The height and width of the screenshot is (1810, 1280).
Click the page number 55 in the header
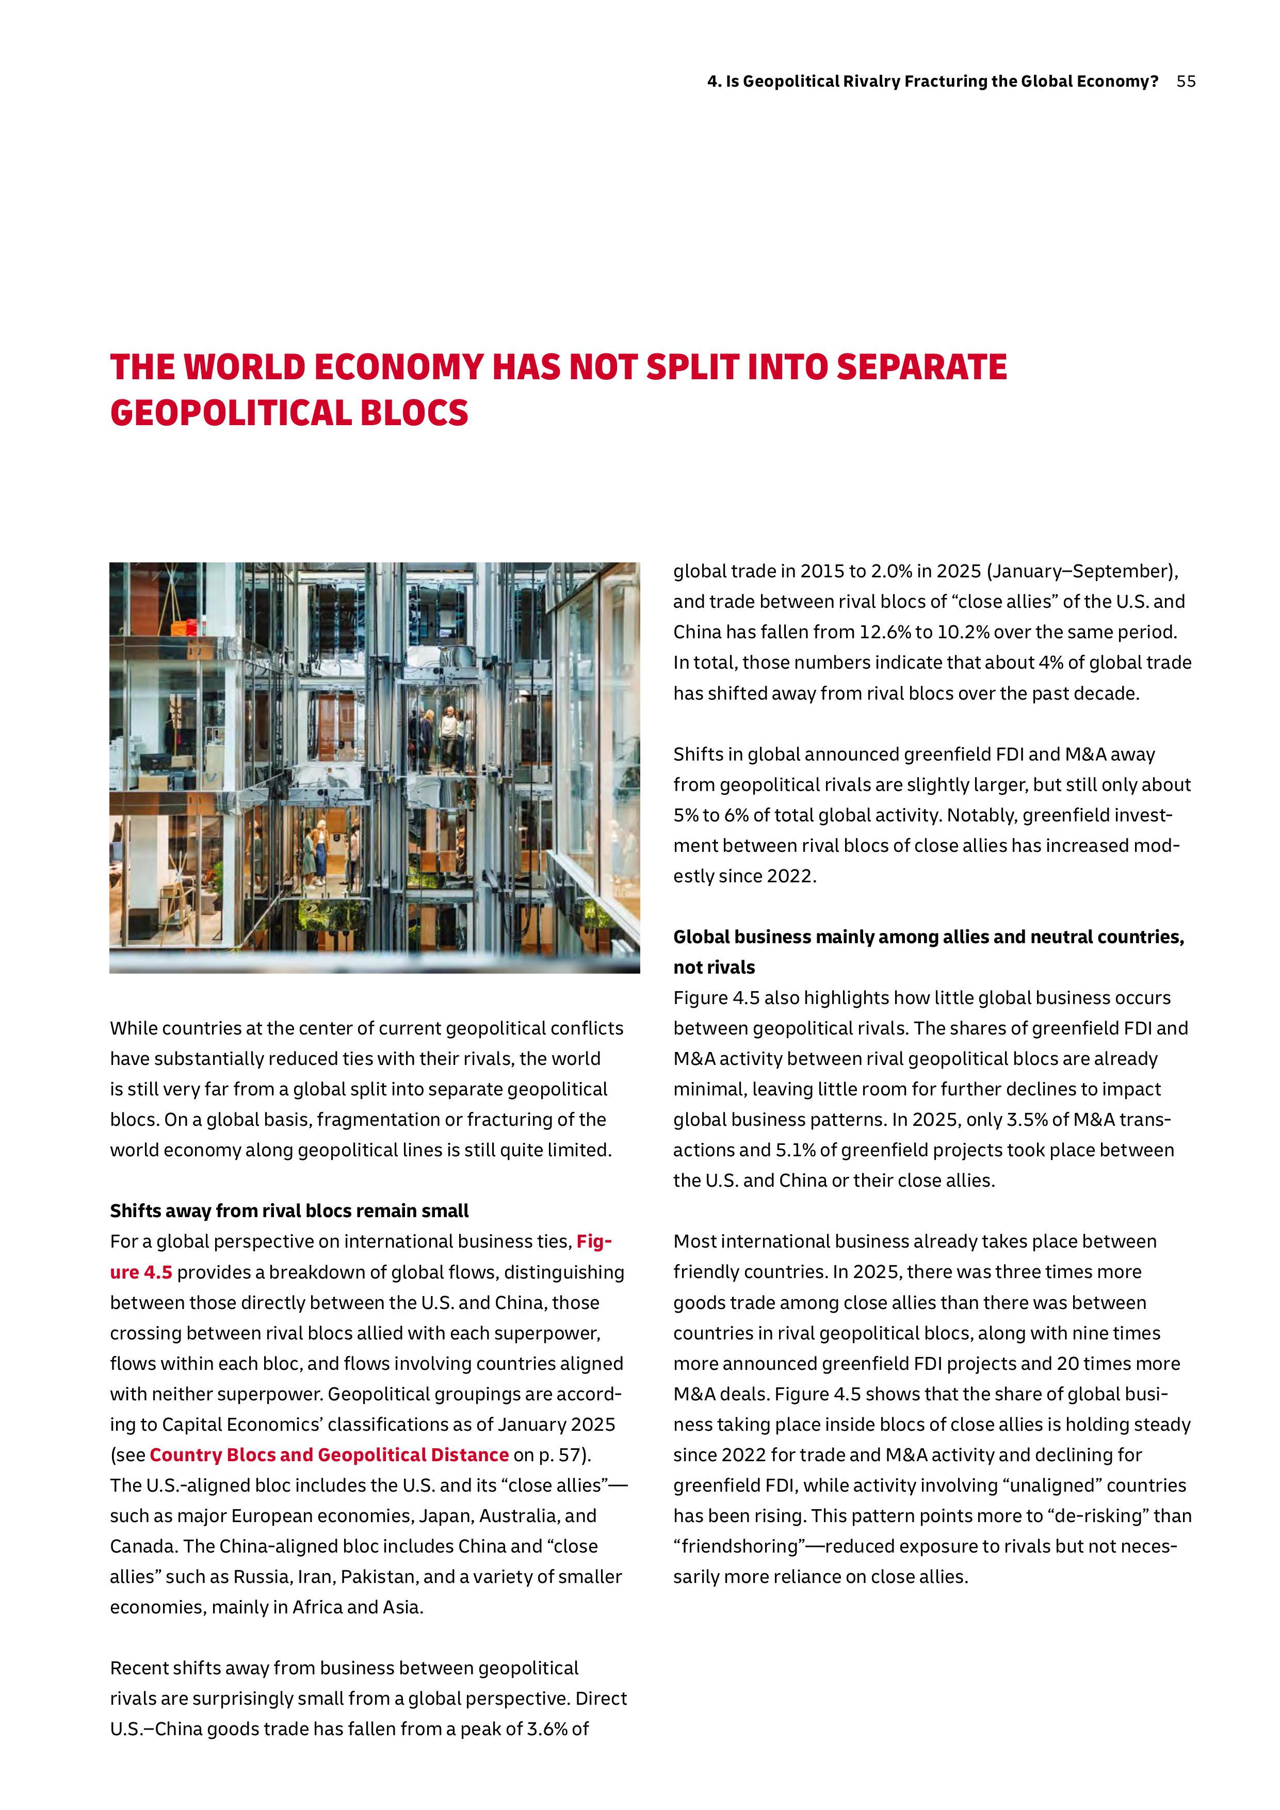coord(1186,81)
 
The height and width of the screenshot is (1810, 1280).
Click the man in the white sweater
coord(448,736)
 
